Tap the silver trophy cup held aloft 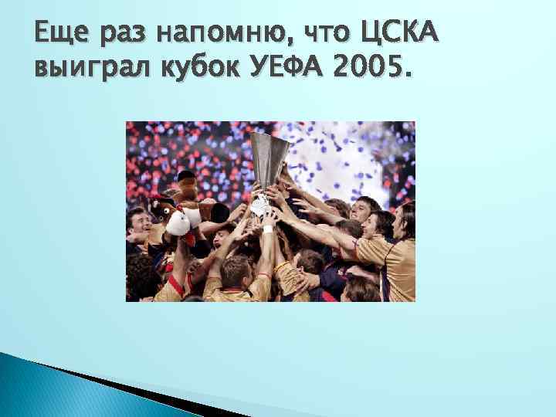coord(267,158)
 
